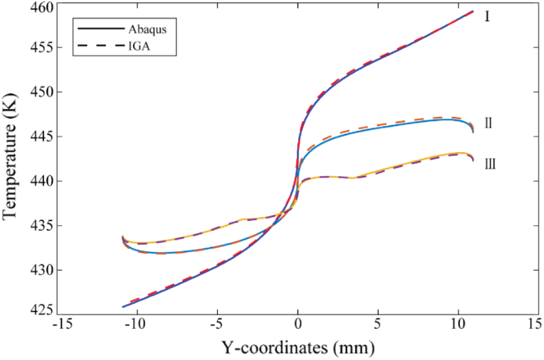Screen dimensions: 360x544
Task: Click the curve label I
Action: (487, 17)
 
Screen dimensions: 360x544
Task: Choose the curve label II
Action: (488, 124)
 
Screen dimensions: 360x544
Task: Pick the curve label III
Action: (490, 164)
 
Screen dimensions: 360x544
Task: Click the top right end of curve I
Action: (473, 11)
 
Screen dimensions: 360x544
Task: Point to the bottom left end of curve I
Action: (123, 307)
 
